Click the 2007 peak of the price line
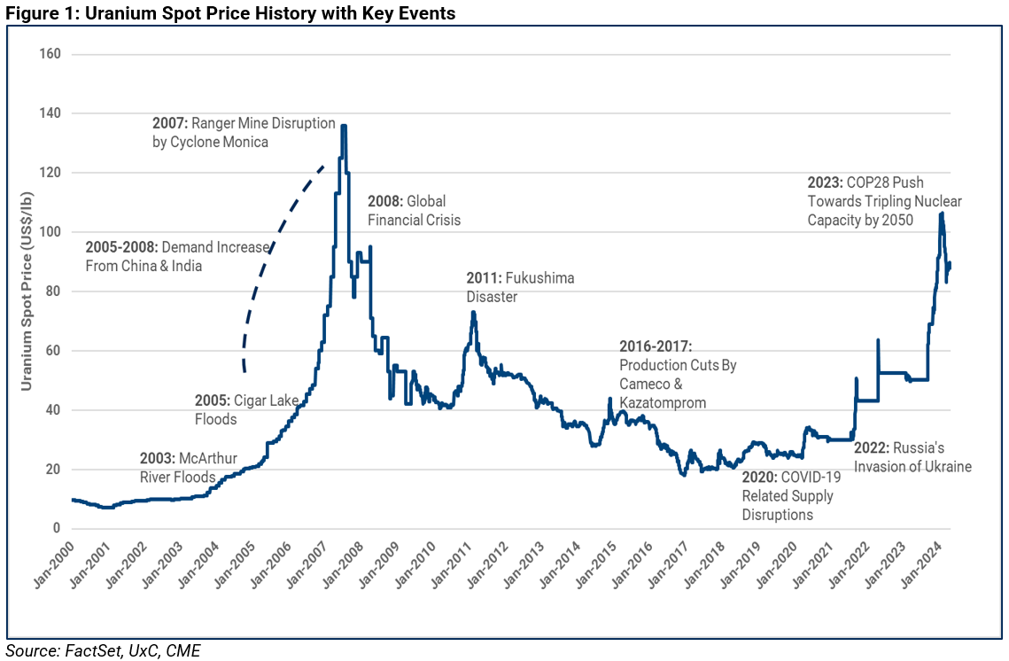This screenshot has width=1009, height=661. (343, 127)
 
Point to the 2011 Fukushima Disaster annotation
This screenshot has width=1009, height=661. (520, 287)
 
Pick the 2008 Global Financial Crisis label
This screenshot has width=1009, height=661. (414, 210)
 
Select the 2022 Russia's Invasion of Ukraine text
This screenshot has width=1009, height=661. (912, 457)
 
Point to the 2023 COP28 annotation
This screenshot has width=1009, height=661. (884, 201)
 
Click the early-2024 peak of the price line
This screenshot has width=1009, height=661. (941, 214)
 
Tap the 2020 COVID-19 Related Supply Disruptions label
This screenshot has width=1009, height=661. (791, 495)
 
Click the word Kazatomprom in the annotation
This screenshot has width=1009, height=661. (663, 402)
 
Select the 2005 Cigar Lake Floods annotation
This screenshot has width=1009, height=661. (246, 409)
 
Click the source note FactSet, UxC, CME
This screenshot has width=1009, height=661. (104, 651)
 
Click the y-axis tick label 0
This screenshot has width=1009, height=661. (56, 529)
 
